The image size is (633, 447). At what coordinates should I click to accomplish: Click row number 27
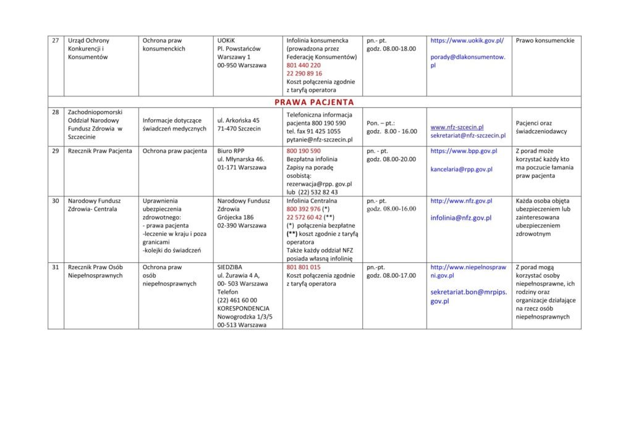(56, 41)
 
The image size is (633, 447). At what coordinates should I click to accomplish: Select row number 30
(56, 201)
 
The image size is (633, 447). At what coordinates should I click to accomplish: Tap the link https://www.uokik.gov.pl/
(467, 41)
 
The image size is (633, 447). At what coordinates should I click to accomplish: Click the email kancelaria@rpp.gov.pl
(461, 169)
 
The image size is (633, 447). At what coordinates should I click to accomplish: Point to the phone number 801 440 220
(304, 65)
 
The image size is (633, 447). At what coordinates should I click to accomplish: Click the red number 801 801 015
(304, 267)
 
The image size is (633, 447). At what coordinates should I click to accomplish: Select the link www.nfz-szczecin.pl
(457, 127)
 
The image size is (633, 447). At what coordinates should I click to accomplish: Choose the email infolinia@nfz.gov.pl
(461, 218)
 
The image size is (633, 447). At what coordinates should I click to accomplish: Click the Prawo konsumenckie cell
(545, 41)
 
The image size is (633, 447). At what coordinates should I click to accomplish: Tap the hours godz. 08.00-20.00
(391, 159)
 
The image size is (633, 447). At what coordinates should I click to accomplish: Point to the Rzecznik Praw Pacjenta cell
(100, 151)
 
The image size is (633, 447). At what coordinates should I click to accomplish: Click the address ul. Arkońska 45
(238, 120)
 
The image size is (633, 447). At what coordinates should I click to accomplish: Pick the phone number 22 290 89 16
(304, 73)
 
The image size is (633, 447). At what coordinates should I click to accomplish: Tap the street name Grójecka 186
(236, 217)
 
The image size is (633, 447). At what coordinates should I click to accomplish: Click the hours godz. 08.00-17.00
(391, 275)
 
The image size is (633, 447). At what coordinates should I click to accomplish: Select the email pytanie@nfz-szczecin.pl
(320, 140)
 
